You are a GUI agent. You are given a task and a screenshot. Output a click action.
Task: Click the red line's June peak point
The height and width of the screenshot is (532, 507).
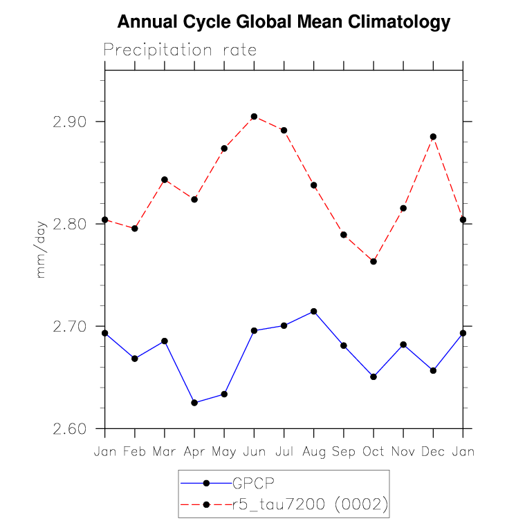[254, 117]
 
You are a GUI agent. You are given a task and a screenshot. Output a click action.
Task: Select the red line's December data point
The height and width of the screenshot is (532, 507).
[433, 137]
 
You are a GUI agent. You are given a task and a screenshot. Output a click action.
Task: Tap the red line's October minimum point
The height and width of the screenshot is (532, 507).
[374, 261]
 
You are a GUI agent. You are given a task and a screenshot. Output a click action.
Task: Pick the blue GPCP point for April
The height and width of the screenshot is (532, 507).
[194, 403]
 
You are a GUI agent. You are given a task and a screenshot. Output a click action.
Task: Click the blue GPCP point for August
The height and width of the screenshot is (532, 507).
[314, 312]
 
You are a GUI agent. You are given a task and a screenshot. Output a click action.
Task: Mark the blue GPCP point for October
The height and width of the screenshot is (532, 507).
[374, 377]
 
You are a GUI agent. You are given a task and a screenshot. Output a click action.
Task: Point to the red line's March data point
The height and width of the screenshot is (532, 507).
[165, 180]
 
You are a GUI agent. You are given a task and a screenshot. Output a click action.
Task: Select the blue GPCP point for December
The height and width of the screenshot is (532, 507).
[433, 370]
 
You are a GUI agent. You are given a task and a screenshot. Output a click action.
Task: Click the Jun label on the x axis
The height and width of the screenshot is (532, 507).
[254, 452]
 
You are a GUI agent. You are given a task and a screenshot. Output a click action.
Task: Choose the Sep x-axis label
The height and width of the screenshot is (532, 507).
[344, 452]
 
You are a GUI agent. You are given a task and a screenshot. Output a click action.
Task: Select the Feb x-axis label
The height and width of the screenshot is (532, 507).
[134, 452]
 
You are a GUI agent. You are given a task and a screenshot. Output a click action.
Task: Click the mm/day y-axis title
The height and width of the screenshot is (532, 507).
[41, 249]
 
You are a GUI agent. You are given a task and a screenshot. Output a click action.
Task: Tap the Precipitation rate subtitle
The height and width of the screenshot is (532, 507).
[180, 50]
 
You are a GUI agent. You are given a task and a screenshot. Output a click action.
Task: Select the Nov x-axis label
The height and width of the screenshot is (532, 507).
[403, 452]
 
